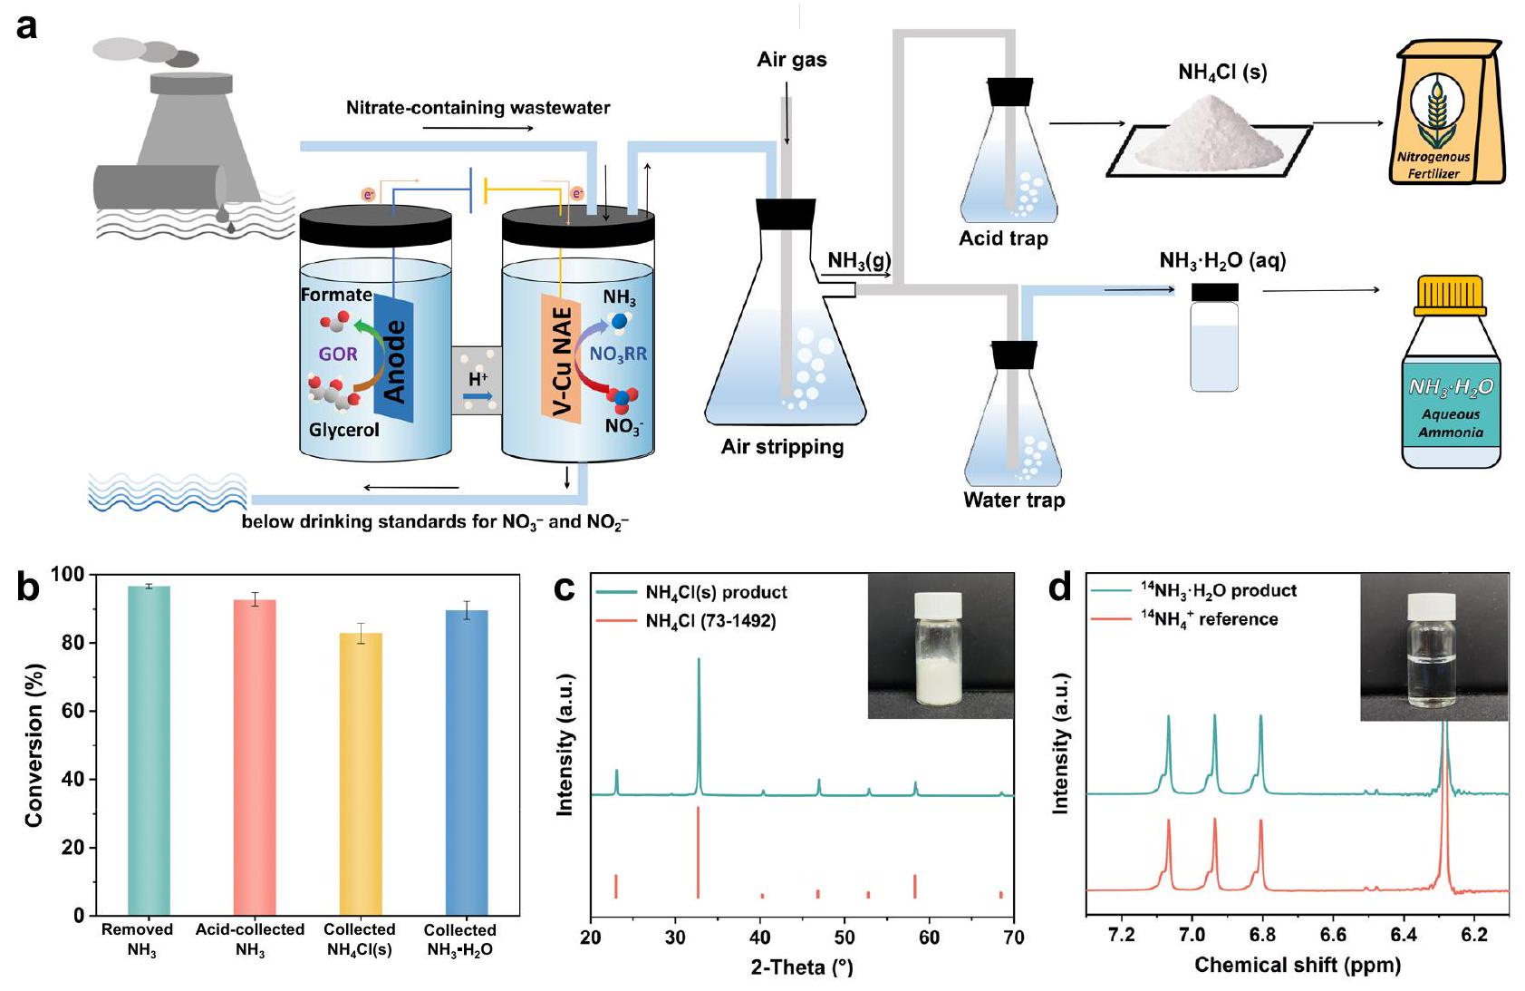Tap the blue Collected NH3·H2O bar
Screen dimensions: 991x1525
click(467, 763)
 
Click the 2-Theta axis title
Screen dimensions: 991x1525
click(801, 967)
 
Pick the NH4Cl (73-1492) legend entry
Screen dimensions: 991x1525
click(710, 621)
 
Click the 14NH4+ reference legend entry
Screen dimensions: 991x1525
click(1209, 619)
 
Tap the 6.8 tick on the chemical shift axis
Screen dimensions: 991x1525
click(1262, 935)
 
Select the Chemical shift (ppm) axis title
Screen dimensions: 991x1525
click(1297, 965)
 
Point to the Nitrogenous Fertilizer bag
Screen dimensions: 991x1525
click(1444, 112)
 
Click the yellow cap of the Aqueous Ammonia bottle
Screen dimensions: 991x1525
click(1452, 296)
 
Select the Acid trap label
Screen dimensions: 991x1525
click(1003, 238)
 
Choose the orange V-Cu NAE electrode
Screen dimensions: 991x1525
click(561, 359)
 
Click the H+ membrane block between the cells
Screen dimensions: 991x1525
click(477, 380)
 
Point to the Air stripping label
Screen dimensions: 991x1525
click(782, 447)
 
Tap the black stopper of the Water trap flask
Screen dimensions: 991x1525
click(1014, 355)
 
